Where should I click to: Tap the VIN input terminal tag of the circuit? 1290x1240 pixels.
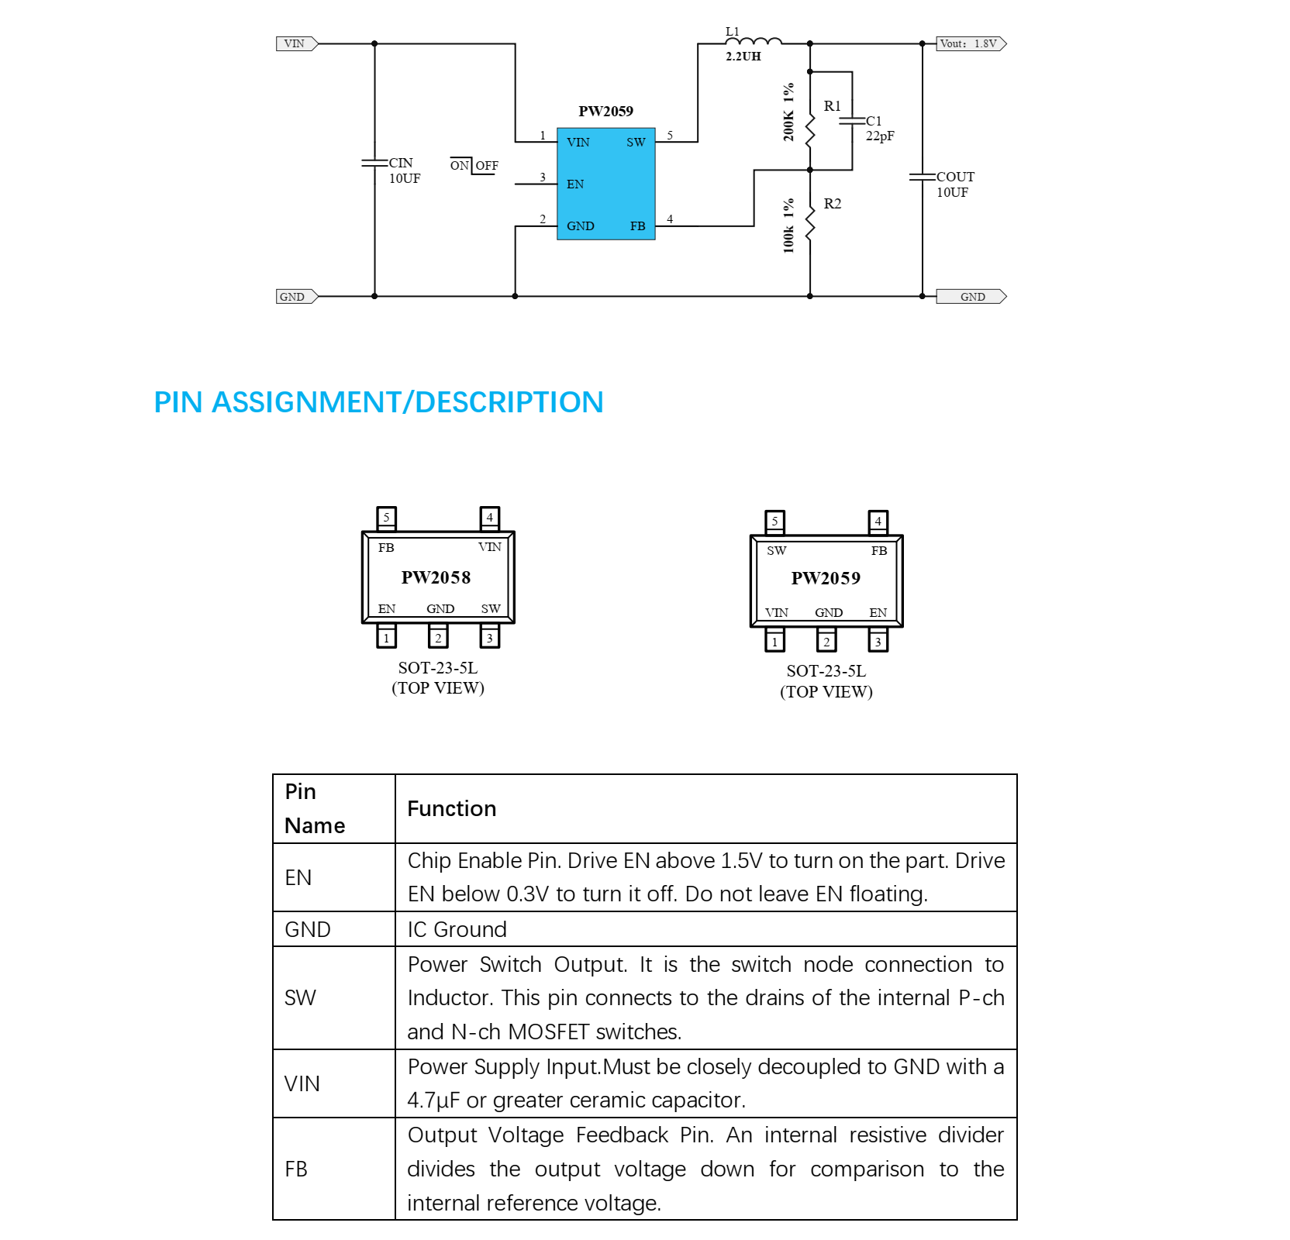point(296,43)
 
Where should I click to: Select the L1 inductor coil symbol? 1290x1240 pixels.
point(754,41)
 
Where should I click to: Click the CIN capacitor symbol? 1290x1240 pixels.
point(374,163)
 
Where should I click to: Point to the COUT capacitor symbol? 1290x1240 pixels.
point(923,177)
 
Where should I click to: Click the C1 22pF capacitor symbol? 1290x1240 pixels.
point(853,121)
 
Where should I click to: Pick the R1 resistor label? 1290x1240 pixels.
point(832,106)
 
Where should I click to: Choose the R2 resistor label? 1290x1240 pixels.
point(832,204)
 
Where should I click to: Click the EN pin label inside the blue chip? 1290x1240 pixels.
point(575,184)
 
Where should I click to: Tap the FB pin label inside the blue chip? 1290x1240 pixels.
point(637,226)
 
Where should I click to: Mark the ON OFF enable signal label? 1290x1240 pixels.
point(474,165)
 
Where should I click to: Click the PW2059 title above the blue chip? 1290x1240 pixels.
point(605,112)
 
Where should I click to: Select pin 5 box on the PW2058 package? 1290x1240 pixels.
point(386,517)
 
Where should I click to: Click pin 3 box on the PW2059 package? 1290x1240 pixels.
point(878,642)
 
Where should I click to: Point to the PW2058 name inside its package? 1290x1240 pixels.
point(436,577)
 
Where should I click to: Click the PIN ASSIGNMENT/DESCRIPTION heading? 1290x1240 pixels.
point(378,402)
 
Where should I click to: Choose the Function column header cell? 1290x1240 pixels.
point(452,808)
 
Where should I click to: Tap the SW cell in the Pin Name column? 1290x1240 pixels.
point(300,997)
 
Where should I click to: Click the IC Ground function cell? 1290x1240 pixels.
point(457,929)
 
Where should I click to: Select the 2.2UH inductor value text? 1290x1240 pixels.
point(743,57)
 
